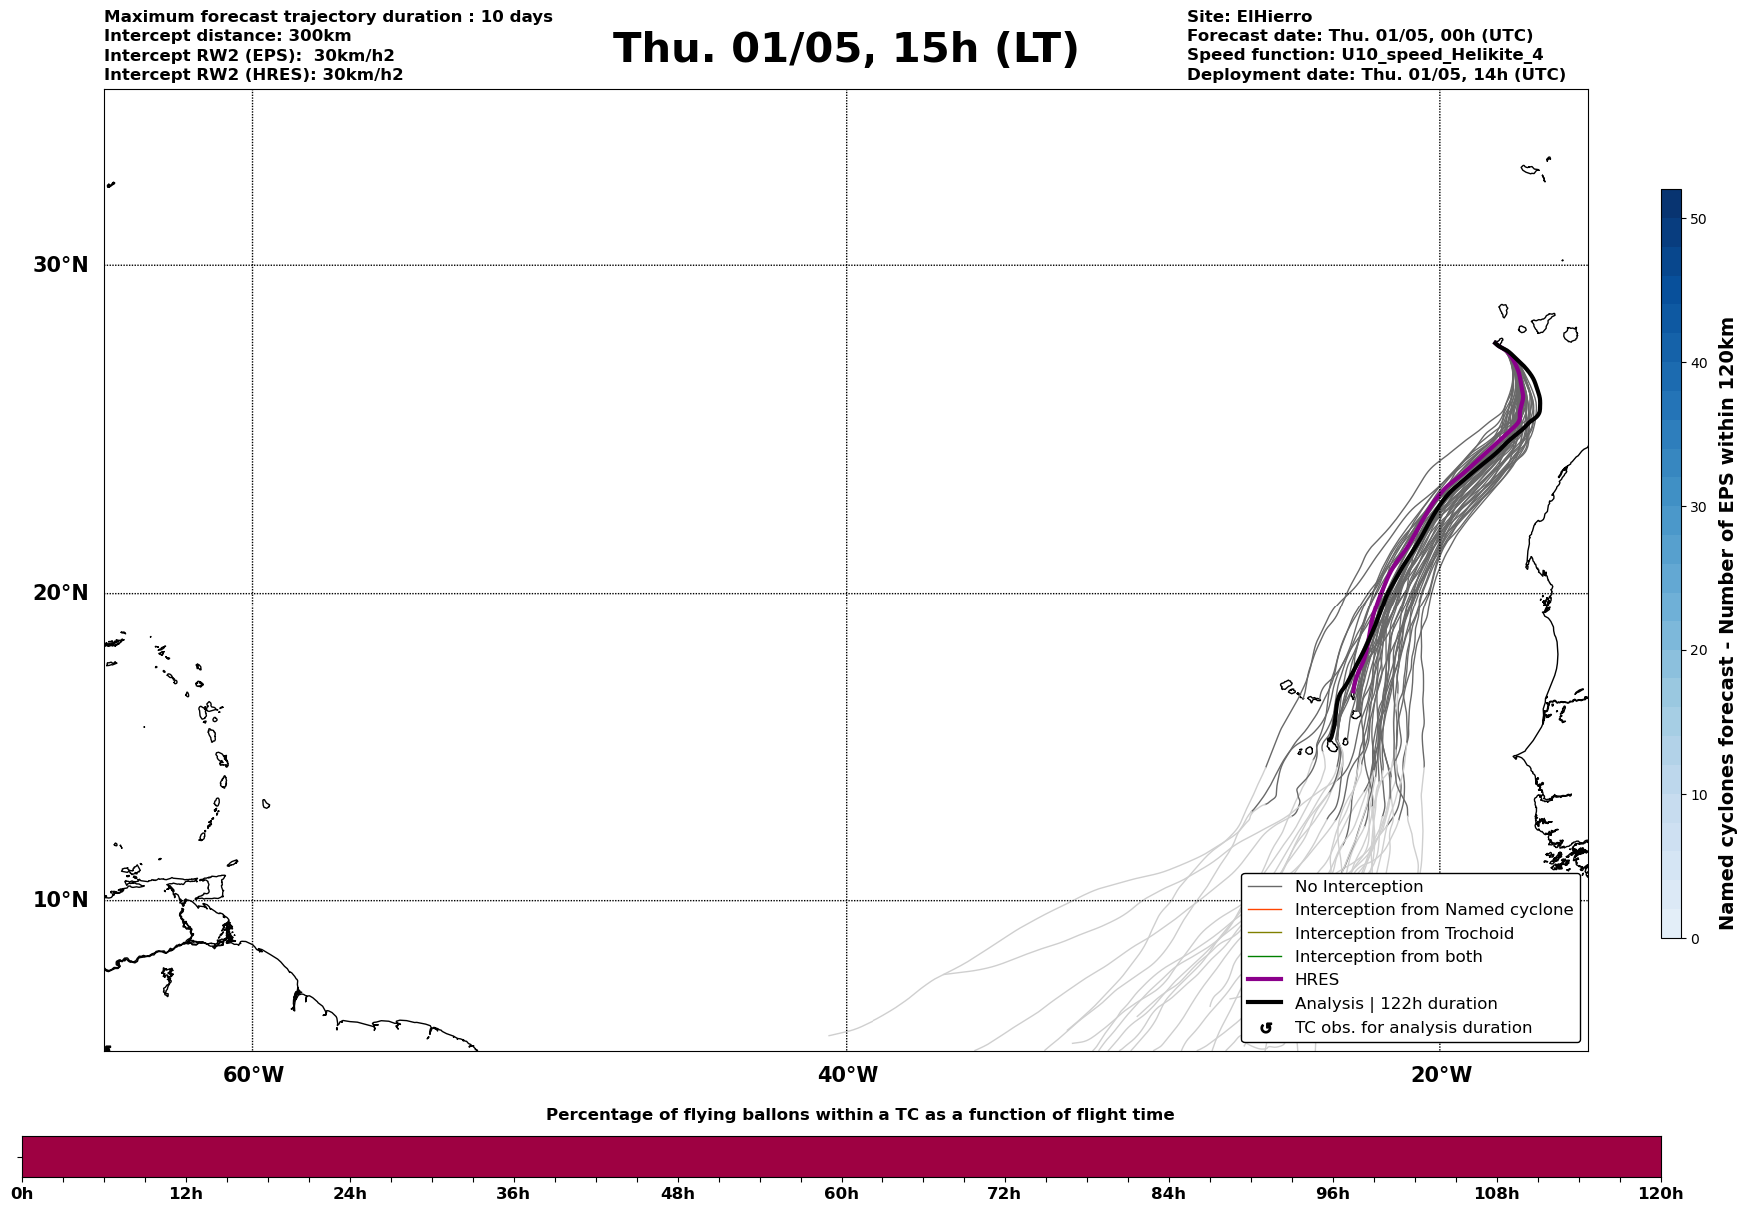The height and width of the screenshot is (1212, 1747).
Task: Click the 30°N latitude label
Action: coord(60,265)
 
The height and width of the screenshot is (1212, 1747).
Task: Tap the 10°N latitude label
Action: coord(60,900)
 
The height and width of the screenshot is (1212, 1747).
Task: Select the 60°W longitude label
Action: coord(253,1075)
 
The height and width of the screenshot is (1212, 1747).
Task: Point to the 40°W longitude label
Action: coord(848,1075)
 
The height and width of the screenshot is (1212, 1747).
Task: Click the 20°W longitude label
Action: coord(1441,1075)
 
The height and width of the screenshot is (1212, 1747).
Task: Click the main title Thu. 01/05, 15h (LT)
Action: coord(846,49)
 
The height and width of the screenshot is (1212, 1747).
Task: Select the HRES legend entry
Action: coord(1316,980)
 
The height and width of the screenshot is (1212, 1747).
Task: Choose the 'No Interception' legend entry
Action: coord(1358,887)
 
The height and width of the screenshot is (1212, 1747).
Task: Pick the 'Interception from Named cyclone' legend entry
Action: coord(1433,910)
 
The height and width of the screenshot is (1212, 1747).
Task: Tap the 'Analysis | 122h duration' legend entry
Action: coord(1395,1004)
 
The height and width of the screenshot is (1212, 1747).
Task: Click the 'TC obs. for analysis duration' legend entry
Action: coord(1412,1028)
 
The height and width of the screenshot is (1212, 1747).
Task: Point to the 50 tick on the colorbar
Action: coord(1697,219)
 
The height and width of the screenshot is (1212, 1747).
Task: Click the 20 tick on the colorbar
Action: coord(1697,651)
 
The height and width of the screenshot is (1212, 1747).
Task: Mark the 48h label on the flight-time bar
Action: coord(677,1194)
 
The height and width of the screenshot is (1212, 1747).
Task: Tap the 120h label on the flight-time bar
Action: coord(1661,1194)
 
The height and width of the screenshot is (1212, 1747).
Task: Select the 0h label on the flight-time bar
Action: coord(22,1194)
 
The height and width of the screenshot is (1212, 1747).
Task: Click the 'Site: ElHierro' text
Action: coord(1249,17)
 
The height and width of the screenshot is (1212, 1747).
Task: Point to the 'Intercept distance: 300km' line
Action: coord(228,36)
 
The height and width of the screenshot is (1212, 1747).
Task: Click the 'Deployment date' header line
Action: coord(1376,75)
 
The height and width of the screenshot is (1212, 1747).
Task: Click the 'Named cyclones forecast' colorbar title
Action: coord(1726,623)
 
